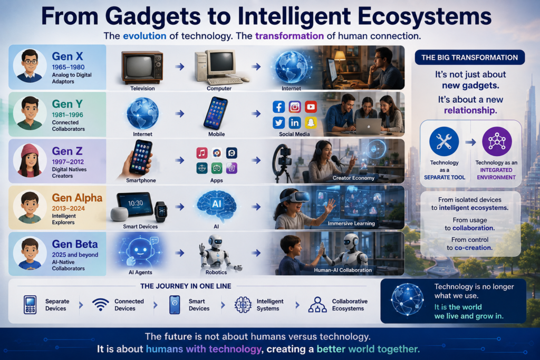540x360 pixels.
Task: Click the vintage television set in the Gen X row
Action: coord(142,67)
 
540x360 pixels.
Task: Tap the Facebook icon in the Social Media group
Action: coord(278,107)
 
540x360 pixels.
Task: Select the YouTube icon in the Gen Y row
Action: coord(311,107)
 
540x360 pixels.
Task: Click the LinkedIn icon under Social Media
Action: coord(294,122)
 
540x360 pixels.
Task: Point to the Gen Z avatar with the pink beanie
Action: coord(30,160)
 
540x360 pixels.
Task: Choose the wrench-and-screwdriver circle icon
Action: coord(444,141)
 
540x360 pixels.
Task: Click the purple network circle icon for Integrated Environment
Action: coord(497,141)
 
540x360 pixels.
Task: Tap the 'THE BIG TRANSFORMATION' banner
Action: coord(470,57)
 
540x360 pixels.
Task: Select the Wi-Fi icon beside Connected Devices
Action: coord(101,305)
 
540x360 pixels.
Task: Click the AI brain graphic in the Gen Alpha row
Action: coord(216,206)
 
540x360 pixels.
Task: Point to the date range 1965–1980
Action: coord(68,67)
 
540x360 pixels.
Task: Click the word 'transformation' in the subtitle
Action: coord(290,36)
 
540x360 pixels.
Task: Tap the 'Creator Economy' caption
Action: coord(353,178)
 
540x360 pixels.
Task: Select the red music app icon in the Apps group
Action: coord(202,153)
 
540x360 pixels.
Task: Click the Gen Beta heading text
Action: coord(75,244)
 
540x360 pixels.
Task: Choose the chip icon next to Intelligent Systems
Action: coord(243,305)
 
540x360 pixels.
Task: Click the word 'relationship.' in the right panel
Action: coord(470,110)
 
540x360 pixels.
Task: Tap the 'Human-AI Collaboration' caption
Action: coord(343,270)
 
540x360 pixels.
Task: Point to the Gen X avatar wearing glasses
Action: coord(30,66)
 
